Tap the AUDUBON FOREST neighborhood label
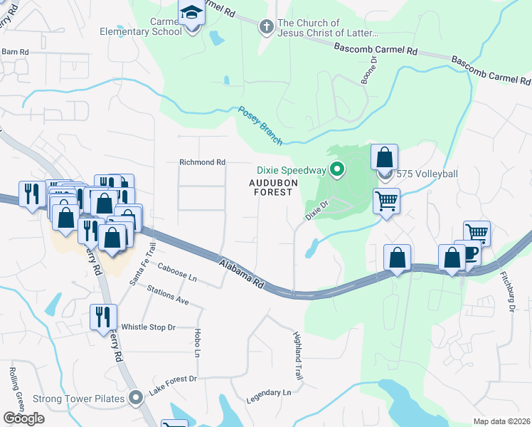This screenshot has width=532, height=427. click(x=271, y=187)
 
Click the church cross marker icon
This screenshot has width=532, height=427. click(x=267, y=27)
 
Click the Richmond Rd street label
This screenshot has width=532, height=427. click(x=202, y=162)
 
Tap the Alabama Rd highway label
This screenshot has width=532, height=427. click(x=241, y=273)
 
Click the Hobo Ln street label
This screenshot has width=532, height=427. click(x=196, y=343)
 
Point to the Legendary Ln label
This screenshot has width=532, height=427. click(x=267, y=393)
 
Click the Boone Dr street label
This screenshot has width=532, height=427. click(x=367, y=70)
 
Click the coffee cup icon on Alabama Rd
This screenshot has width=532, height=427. click(x=470, y=254)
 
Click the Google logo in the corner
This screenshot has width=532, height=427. click(x=23, y=418)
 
